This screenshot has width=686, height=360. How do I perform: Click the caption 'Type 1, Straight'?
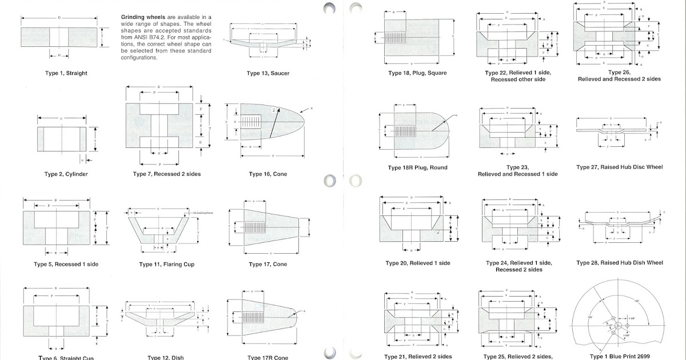[x=66, y=73]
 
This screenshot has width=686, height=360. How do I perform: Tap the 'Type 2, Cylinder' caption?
[x=66, y=174]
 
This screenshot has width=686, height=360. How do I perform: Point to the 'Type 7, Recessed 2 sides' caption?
[x=166, y=174]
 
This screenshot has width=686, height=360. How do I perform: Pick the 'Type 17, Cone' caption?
[x=268, y=265]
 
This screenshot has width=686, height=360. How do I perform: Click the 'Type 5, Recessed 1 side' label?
[x=66, y=264]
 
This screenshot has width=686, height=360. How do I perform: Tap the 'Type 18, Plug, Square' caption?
[x=417, y=73]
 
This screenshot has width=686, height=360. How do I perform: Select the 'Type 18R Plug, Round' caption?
[x=417, y=167]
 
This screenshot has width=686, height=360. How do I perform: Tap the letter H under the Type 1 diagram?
[x=59, y=55]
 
